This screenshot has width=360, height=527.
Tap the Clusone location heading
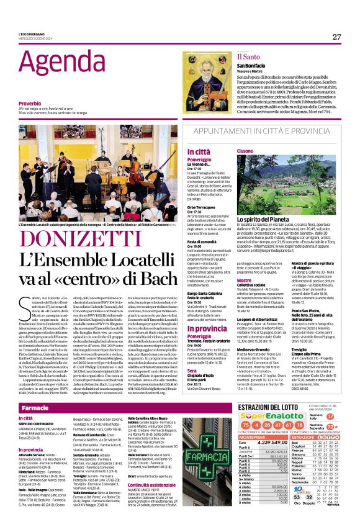pos(245,151)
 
